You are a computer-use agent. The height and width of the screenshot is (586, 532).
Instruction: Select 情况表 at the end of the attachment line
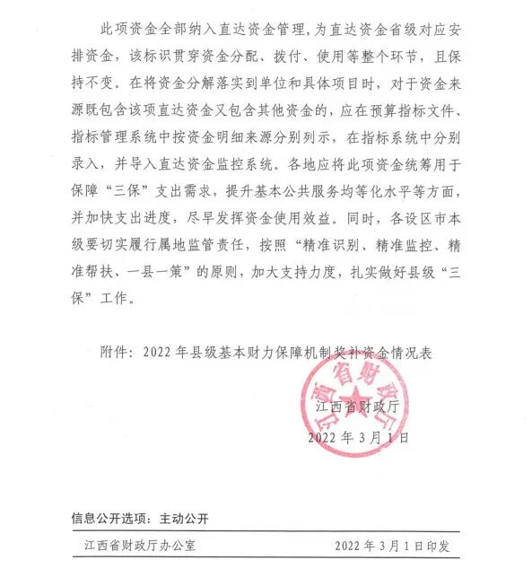tap(412, 353)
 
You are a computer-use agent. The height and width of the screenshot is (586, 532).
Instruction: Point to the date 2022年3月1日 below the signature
tap(358, 438)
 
